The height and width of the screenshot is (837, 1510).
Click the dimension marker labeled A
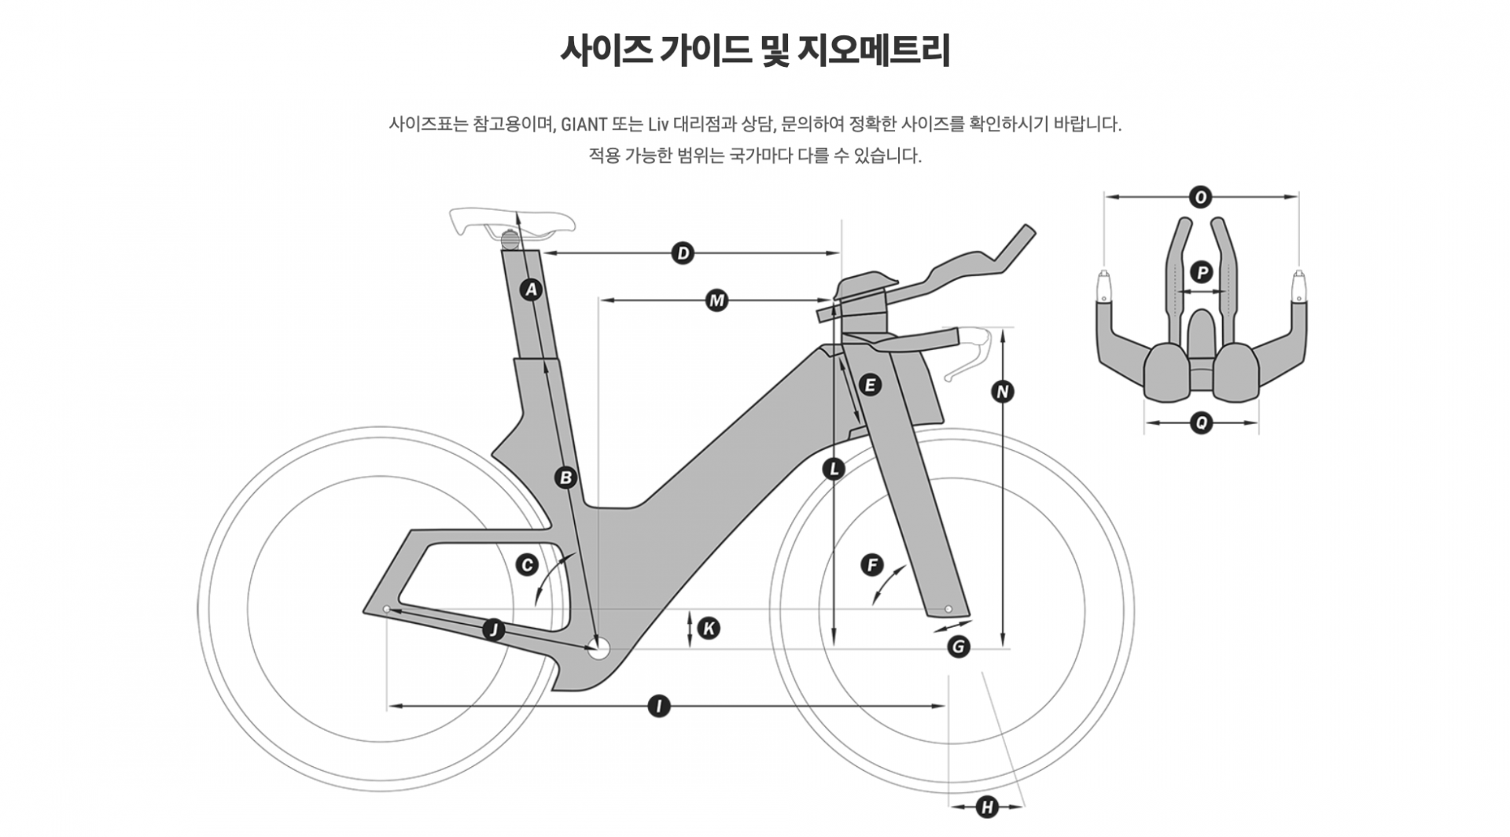pyautogui.click(x=532, y=289)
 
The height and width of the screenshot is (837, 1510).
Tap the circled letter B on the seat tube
pyautogui.click(x=565, y=477)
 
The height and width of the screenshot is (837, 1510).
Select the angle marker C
pyautogui.click(x=526, y=565)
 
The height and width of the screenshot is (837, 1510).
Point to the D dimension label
pyautogui.click(x=683, y=253)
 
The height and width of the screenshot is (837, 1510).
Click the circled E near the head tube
pyautogui.click(x=869, y=385)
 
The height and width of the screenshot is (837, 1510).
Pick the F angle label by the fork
pyautogui.click(x=871, y=565)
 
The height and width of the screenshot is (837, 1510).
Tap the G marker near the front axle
pyautogui.click(x=958, y=647)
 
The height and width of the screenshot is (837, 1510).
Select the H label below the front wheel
pyautogui.click(x=986, y=806)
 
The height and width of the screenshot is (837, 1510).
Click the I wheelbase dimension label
pyautogui.click(x=658, y=706)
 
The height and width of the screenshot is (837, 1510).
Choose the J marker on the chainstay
pyautogui.click(x=493, y=629)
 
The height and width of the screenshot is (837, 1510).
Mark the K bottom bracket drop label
pyautogui.click(x=709, y=629)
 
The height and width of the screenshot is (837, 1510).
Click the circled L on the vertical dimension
pyautogui.click(x=833, y=470)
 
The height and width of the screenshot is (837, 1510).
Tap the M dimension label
pyautogui.click(x=716, y=301)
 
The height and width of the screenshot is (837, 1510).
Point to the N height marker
pyautogui.click(x=1001, y=392)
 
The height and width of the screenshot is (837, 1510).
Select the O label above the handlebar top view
pyautogui.click(x=1200, y=197)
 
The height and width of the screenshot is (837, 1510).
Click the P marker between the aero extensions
pyautogui.click(x=1201, y=273)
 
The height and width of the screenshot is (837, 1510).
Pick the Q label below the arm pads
pyautogui.click(x=1201, y=423)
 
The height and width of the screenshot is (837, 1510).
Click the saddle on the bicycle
pyautogui.click(x=511, y=220)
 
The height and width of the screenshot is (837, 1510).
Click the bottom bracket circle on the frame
pyautogui.click(x=598, y=649)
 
